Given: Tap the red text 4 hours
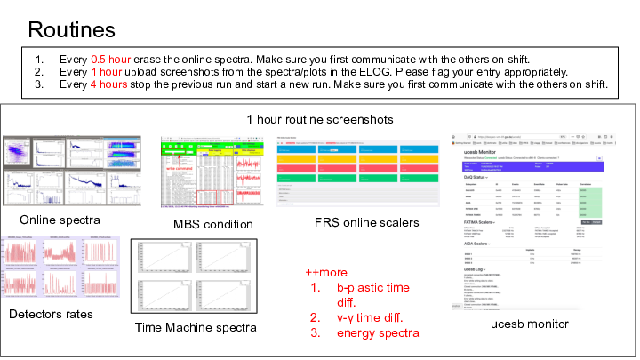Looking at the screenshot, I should click(112, 84).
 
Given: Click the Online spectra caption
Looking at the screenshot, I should click(59, 220).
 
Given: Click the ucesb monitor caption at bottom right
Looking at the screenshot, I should click(530, 324).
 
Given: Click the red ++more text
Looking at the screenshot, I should click(325, 272).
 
